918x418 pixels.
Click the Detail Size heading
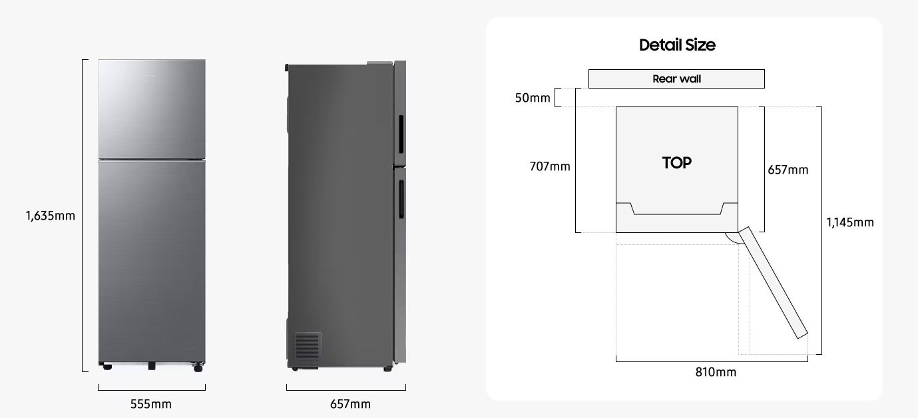click(677, 45)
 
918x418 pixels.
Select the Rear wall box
click(676, 79)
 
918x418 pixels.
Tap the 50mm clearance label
click(533, 98)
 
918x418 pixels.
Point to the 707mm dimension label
click(550, 166)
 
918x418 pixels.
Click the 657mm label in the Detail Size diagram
click(788, 170)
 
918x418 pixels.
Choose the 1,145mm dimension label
click(850, 222)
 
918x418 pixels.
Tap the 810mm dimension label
click(716, 372)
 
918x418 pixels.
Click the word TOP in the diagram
click(676, 162)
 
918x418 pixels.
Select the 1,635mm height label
click(51, 216)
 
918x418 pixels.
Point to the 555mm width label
click(151, 404)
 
